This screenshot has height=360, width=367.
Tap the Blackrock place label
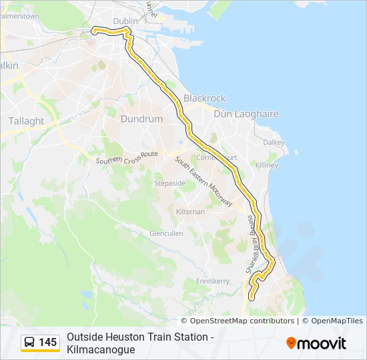point(205,98)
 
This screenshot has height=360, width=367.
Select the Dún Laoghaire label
point(246,114)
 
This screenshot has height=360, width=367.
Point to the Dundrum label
point(141,119)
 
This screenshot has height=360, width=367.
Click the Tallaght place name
point(26,121)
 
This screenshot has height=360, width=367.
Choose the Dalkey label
point(274,142)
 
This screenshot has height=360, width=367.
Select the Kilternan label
point(190,211)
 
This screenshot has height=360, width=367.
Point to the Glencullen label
point(166,233)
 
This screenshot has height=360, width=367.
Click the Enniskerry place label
point(212,281)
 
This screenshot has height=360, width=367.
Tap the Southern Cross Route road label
point(126,158)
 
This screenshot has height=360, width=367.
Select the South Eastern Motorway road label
point(204,181)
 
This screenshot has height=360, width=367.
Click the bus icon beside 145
point(30,343)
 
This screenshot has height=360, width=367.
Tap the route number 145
point(48,343)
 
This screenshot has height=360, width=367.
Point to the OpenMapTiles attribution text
point(336,321)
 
